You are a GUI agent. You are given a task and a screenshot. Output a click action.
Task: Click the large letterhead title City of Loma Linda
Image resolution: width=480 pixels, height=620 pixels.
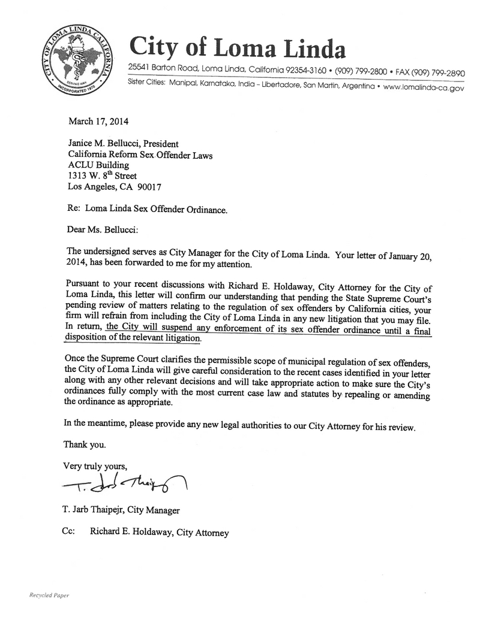pos(237,47)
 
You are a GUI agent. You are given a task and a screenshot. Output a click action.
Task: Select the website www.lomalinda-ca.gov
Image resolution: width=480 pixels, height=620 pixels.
pos(424,87)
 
